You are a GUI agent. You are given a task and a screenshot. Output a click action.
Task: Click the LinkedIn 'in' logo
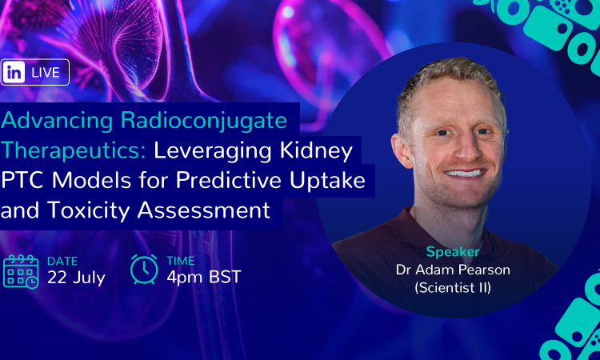(x=14, y=72)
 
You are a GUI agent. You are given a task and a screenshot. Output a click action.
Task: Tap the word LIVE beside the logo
(x=46, y=72)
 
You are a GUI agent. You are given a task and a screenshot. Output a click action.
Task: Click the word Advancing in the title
(x=57, y=122)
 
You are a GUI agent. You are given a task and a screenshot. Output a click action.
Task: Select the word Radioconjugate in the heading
(x=204, y=122)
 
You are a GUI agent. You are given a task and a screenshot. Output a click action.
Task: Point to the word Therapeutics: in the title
(x=74, y=150)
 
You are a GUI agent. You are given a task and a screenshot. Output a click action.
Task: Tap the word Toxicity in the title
(x=89, y=210)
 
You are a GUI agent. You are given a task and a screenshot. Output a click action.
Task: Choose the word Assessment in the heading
(x=204, y=210)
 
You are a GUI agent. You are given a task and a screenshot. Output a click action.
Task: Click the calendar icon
(x=21, y=271)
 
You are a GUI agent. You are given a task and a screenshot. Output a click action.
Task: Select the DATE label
(x=62, y=262)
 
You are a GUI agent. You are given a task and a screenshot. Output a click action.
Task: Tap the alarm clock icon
(x=144, y=270)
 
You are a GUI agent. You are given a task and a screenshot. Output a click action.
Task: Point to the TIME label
(x=181, y=261)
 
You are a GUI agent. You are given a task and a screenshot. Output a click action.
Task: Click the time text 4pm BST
(x=204, y=277)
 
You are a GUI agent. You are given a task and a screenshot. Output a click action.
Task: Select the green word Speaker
(x=453, y=252)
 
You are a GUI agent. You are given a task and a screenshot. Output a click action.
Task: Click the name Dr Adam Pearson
(x=453, y=270)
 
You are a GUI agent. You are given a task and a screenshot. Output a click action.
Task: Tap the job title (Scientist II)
(x=453, y=287)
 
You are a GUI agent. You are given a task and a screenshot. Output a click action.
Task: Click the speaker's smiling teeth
(x=464, y=174)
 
